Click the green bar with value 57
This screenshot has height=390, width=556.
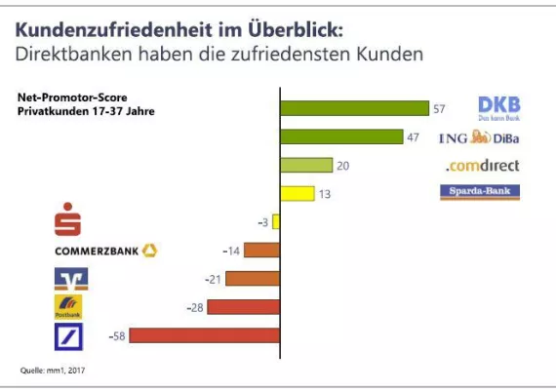click(354, 108)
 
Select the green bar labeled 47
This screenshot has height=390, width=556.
click(341, 136)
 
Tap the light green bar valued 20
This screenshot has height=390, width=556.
click(306, 165)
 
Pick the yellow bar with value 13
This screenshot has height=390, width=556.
click(297, 193)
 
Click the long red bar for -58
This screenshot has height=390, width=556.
click(205, 335)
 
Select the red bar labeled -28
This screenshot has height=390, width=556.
click(243, 307)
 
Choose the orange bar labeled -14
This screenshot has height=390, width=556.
click(261, 251)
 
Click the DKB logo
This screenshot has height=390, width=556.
click(498, 108)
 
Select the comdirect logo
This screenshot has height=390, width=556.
click(483, 166)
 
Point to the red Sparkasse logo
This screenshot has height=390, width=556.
click(66, 221)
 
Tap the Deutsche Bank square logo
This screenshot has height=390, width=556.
click(68, 336)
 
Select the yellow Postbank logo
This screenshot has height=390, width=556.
click(68, 307)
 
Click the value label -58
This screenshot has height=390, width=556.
click(115, 335)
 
